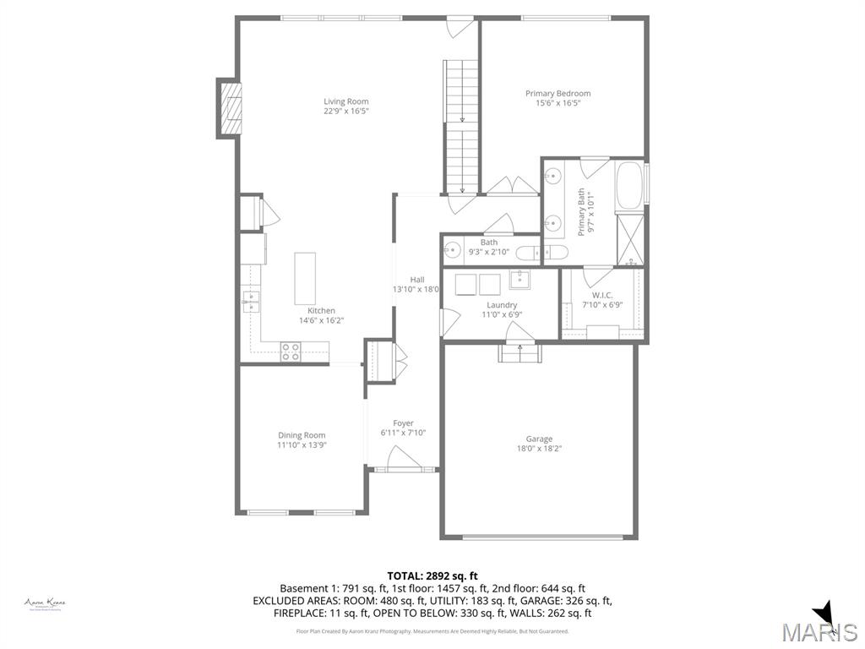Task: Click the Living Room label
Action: click(346, 101)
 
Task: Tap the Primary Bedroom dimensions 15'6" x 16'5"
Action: click(558, 103)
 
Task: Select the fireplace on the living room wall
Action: click(230, 107)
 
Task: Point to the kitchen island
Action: click(305, 278)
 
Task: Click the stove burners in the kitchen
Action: click(291, 351)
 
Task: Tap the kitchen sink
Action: click(250, 301)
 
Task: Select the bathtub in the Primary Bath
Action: click(630, 183)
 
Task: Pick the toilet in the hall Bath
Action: click(529, 251)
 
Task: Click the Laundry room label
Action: click(502, 305)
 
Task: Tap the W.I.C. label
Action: click(602, 295)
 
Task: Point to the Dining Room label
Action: click(302, 435)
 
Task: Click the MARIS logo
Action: click(819, 630)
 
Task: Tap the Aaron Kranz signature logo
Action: click(45, 603)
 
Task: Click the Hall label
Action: click(417, 280)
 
